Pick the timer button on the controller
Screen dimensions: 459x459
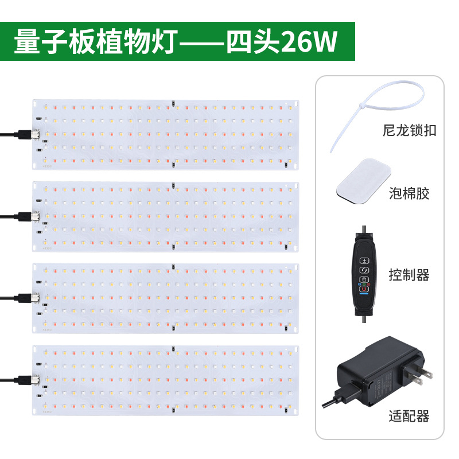[x=364, y=279]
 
